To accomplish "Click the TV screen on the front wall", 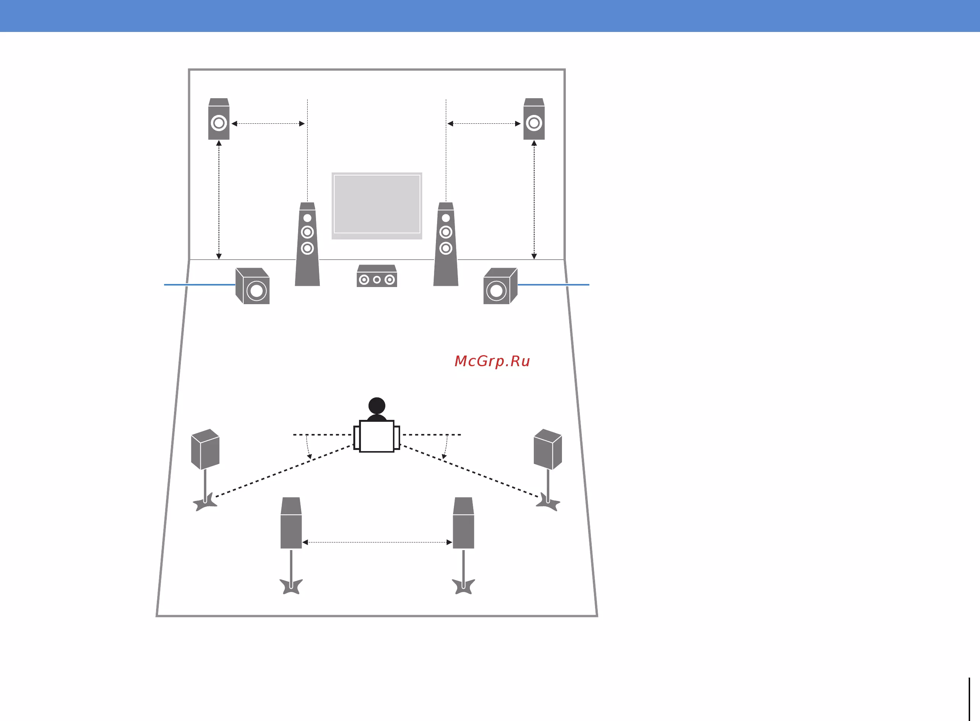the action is (377, 206).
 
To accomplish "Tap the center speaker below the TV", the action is (377, 276).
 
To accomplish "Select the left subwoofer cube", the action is (252, 286).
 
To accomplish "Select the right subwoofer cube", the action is (500, 286).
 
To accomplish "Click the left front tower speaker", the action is (307, 244).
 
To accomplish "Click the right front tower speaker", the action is (446, 244).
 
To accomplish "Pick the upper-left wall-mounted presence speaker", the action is (219, 119).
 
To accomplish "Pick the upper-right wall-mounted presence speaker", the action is (534, 119).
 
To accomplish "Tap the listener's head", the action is (377, 405).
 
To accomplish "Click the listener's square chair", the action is (377, 436).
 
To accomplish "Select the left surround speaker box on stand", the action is (205, 449).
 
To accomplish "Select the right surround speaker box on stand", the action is (548, 449).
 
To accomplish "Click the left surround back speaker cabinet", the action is (291, 523).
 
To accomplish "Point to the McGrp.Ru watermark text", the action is (492, 361).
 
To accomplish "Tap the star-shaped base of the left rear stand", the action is (291, 586).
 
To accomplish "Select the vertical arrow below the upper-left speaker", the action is (219, 200).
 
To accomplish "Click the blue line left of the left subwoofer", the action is (200, 285).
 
